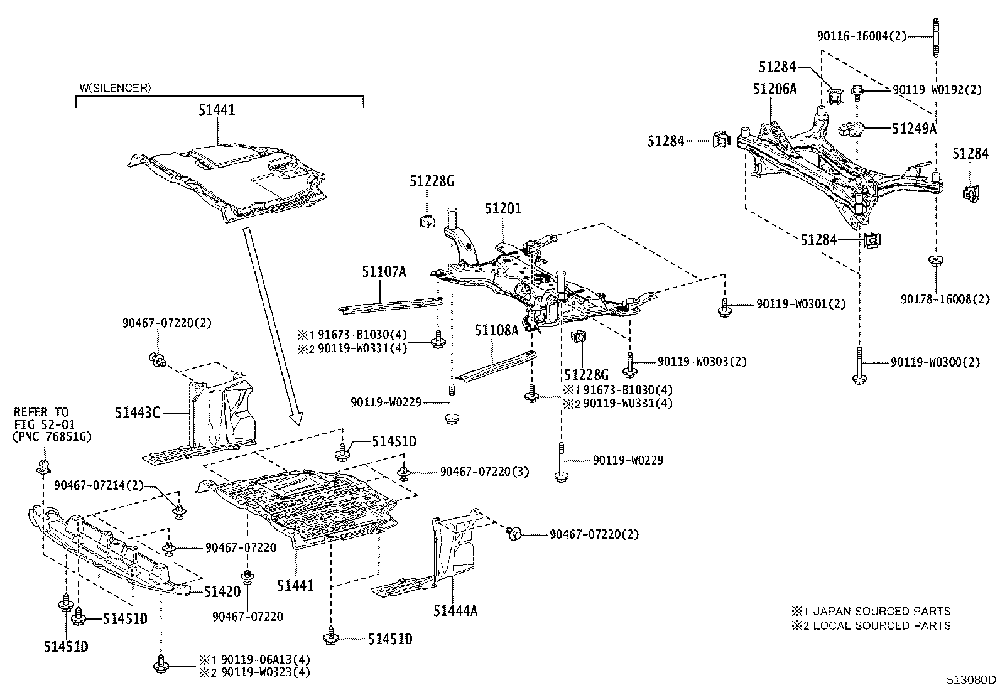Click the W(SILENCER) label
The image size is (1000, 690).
[x=115, y=88]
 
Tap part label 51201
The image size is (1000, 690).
[x=503, y=208]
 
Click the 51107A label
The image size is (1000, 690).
[x=384, y=271]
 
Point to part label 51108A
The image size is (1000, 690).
[x=496, y=329]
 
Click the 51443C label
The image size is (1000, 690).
[x=138, y=412]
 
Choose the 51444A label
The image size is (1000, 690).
[x=455, y=610]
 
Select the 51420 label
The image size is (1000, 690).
[x=222, y=591]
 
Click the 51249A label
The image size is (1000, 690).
[x=914, y=129]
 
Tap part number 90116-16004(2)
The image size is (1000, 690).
[x=862, y=36]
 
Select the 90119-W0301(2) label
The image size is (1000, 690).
[x=801, y=304]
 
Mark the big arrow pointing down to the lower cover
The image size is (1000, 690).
[x=271, y=326]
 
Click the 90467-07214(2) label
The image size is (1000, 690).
[x=99, y=485]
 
